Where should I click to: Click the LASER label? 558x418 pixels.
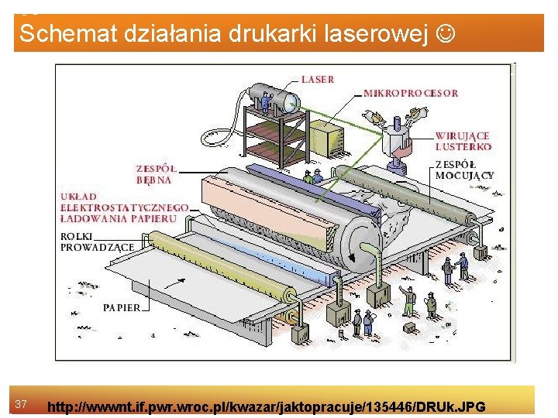pos(318,79)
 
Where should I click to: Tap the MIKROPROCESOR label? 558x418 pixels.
pos(411,93)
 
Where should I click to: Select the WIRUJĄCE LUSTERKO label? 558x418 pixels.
pos(463,141)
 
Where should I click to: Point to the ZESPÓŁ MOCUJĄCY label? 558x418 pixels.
pos(464,170)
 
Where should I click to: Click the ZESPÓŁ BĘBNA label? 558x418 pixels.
pos(155,174)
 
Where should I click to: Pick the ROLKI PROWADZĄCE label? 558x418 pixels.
pos(98,242)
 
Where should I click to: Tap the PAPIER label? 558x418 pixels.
pos(122,307)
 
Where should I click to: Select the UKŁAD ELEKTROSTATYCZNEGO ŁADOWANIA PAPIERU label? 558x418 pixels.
pos(125,207)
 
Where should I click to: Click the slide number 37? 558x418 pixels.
pos(22,404)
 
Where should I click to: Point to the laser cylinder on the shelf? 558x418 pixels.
pos(275,101)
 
